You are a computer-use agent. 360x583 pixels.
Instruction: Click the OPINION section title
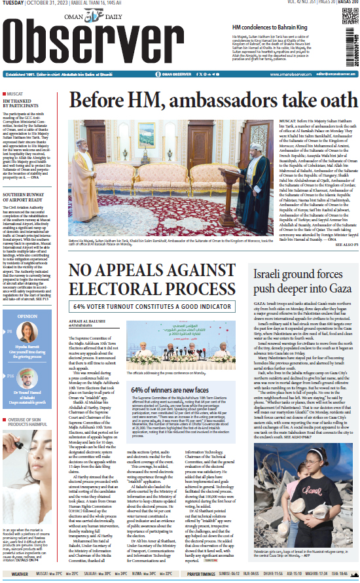[x=27, y=316]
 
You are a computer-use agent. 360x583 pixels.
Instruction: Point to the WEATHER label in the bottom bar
[x=20, y=574]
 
